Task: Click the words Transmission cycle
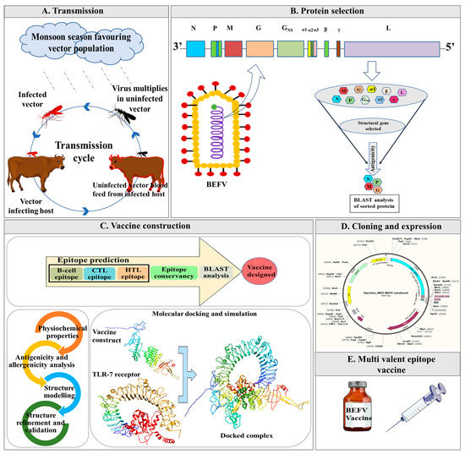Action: [x=95, y=149]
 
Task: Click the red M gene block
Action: [x=232, y=50]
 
